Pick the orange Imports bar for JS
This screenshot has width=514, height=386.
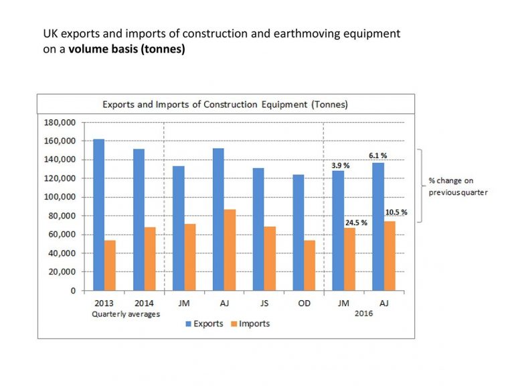pos(270,258)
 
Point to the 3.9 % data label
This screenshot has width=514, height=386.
pos(341,165)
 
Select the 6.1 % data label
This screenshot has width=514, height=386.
pos(377,155)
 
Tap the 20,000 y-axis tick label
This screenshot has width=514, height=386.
pos(65,272)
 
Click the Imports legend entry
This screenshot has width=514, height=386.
pos(249,324)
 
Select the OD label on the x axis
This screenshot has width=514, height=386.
pos(304,304)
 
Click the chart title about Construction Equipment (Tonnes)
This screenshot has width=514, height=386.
pos(225,105)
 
